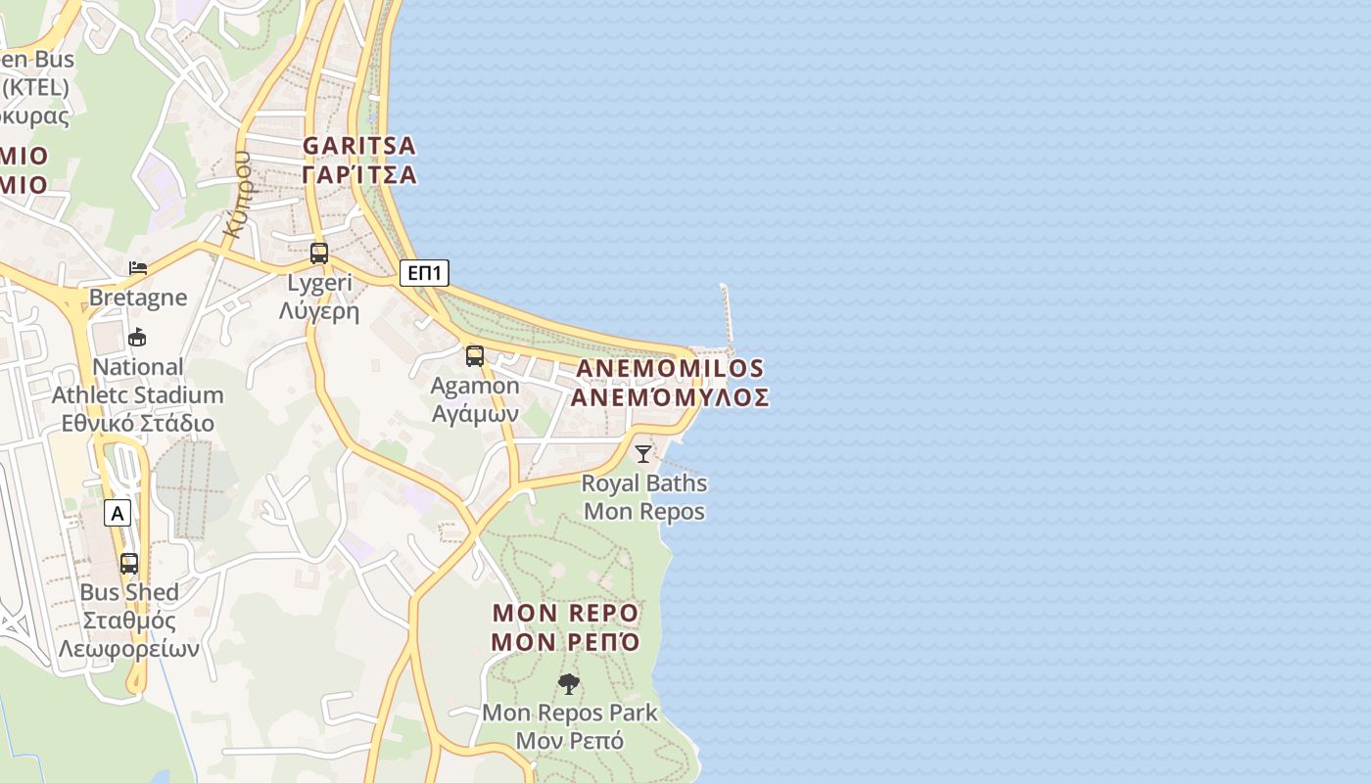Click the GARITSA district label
pos(358,146)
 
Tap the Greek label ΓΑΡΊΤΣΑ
pos(358,175)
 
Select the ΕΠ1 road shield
pos(424,273)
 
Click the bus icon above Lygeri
pos(319,253)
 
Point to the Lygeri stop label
pos(319,284)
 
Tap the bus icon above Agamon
pos(475,356)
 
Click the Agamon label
pos(475,386)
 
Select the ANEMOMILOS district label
pos(670,369)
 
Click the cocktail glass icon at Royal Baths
pos(642,453)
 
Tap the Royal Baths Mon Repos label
pos(644,497)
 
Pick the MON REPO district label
pos(565,614)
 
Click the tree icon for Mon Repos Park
pos(568,684)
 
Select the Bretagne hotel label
pos(138,297)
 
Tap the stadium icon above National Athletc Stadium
pos(137,338)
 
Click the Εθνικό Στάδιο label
pos(138,424)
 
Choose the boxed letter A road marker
pos(118,513)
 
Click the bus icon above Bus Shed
pos(129,564)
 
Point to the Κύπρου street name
pos(238,194)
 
